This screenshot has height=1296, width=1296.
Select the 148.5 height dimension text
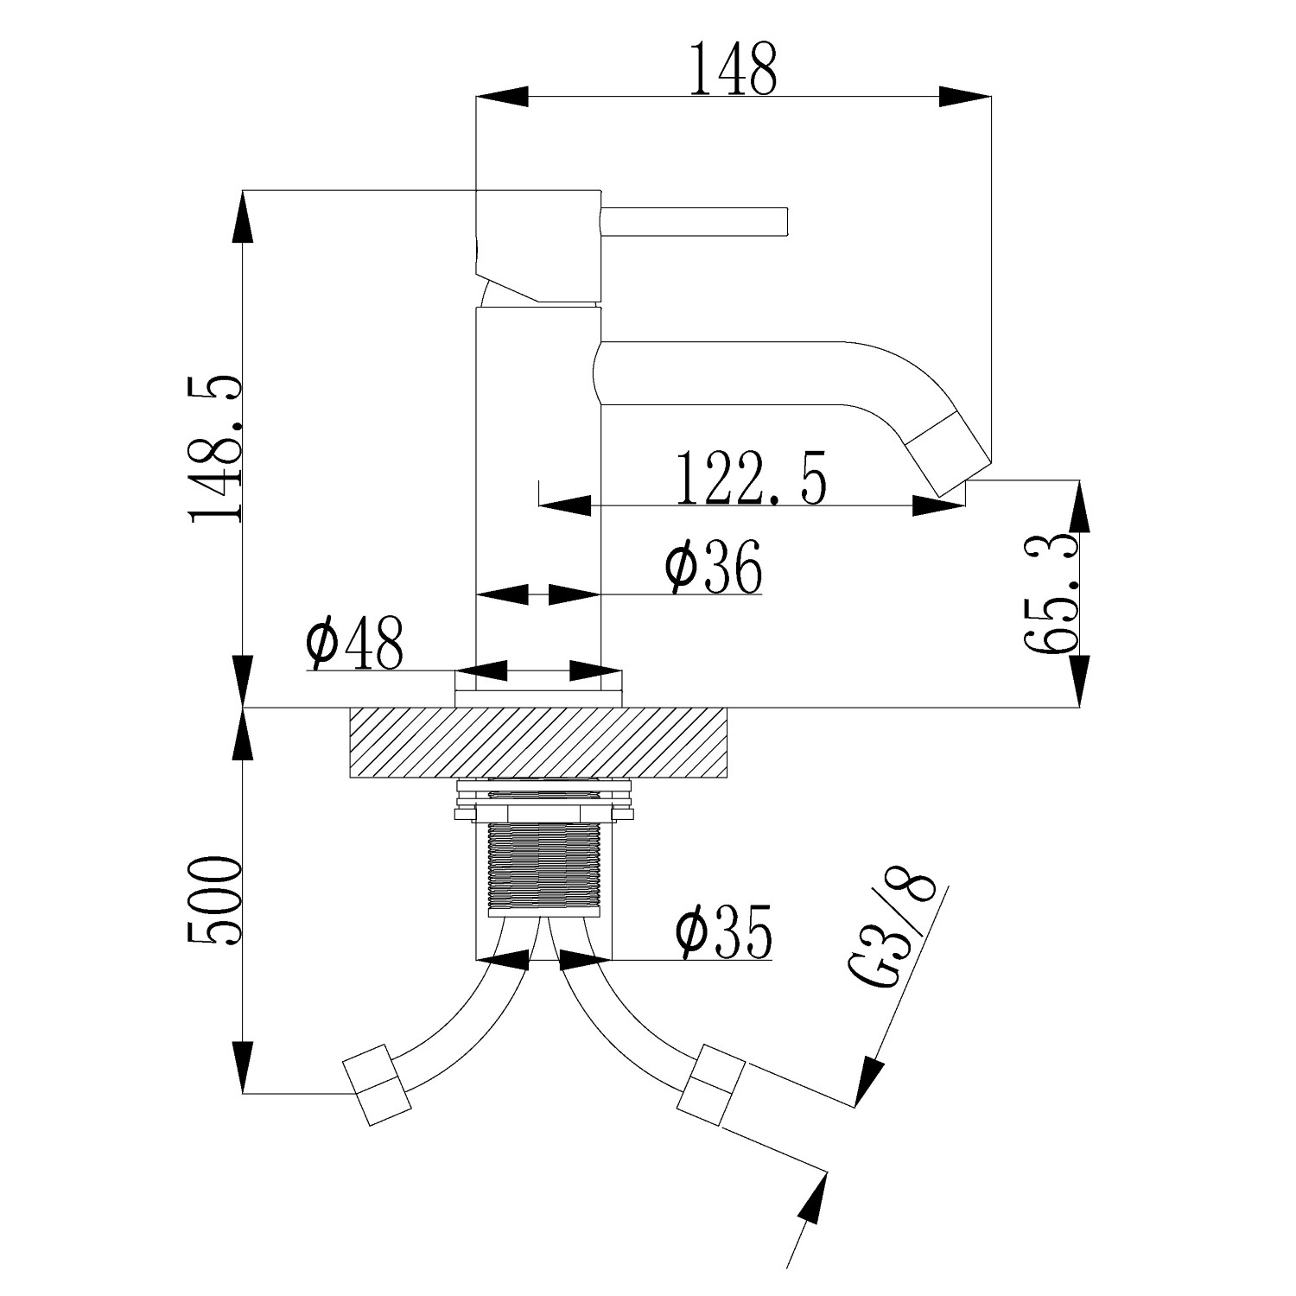pos(216,449)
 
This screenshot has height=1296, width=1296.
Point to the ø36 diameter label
pos(714,568)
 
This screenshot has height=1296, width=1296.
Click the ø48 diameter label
pos(354,644)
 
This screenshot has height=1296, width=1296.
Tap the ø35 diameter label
pos(723,933)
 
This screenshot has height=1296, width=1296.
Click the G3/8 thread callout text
pos(896,933)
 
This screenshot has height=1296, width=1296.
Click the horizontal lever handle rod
pos(694,221)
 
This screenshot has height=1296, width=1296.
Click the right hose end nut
pos(711,1085)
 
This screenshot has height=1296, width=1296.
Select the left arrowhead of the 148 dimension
pos(502,97)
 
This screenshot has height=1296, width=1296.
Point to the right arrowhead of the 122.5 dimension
pos(939,505)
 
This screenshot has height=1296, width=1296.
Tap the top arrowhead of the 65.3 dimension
pos(1080,505)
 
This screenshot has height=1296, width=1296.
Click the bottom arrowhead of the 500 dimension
pos(243,1067)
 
